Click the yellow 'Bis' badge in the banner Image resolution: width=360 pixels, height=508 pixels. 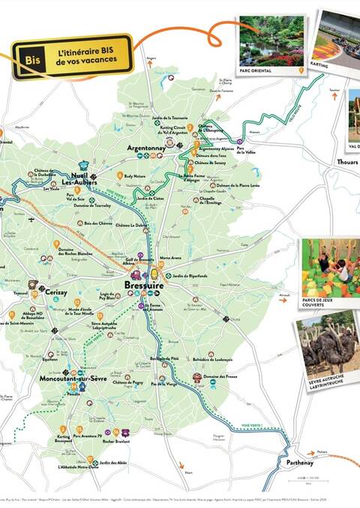31,57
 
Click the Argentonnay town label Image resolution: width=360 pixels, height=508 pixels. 145,148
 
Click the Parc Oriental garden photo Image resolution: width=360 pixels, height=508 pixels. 271,42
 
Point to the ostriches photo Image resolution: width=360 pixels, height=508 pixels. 327,345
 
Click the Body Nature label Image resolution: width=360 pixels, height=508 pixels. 135,175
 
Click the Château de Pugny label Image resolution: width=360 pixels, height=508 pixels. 127,382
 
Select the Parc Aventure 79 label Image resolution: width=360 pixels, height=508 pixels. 89,433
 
